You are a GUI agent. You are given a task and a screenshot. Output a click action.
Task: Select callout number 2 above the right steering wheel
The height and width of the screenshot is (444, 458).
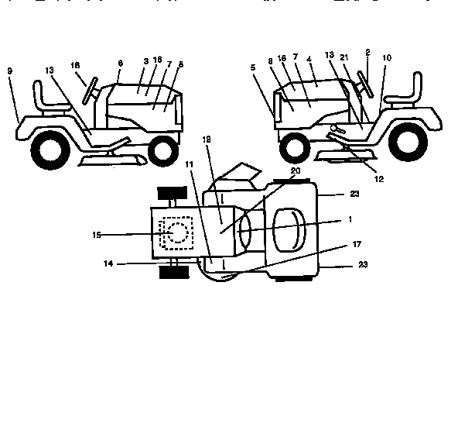click(x=367, y=53)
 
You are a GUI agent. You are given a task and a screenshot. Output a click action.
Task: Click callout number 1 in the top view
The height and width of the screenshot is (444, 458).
click(x=350, y=219)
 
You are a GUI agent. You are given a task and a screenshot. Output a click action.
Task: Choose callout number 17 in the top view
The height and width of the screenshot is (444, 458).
click(x=356, y=245)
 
